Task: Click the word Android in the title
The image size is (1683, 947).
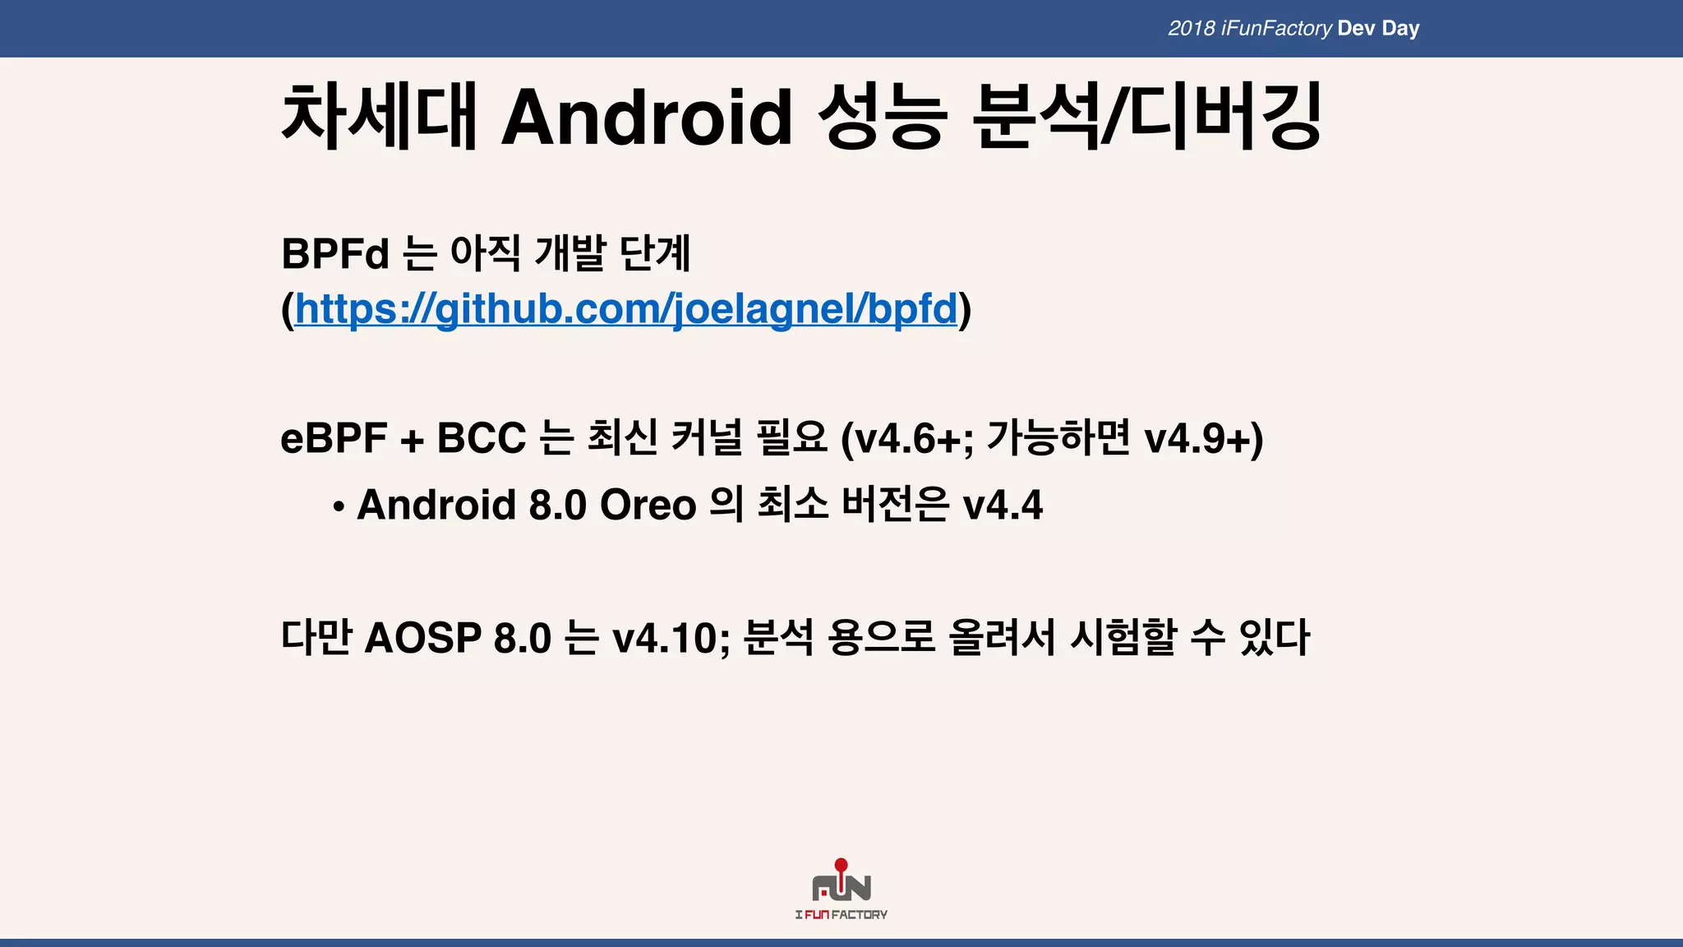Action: (x=647, y=117)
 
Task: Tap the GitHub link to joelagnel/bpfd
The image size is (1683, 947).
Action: (x=626, y=310)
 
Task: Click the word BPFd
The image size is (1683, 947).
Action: (x=334, y=253)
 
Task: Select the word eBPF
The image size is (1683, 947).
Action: (x=334, y=438)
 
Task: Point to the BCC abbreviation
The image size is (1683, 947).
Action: (x=481, y=438)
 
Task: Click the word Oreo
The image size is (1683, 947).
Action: (x=648, y=505)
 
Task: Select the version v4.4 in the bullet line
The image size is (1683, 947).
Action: (x=1003, y=505)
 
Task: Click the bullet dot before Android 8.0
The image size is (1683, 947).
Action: (x=338, y=507)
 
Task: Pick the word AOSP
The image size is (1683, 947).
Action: (x=422, y=638)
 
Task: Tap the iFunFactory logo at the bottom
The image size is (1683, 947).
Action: (x=841, y=891)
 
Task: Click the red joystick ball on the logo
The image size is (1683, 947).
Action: (x=841, y=865)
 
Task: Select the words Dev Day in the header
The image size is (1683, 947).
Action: (x=1378, y=29)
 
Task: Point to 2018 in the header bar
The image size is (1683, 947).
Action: (x=1192, y=29)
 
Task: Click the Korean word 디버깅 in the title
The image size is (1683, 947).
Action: (x=1225, y=117)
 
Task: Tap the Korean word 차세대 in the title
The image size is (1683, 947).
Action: (x=379, y=117)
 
